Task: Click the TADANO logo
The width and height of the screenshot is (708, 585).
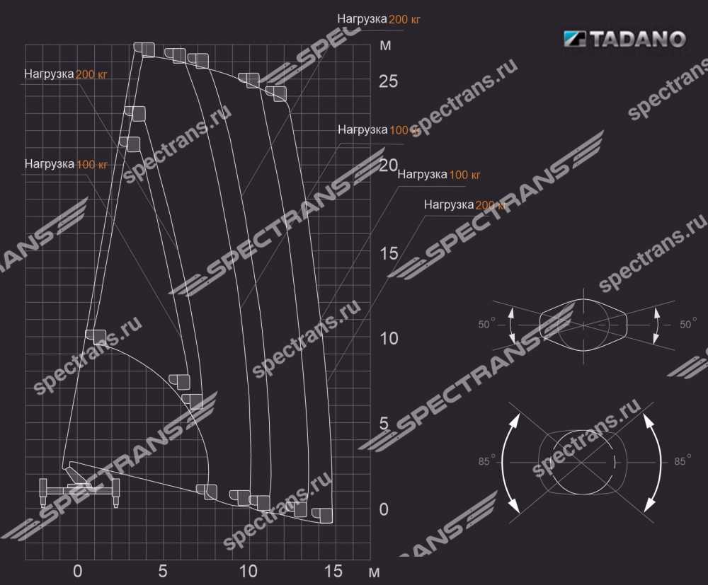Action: click(624, 40)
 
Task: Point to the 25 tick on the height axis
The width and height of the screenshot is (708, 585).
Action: click(388, 81)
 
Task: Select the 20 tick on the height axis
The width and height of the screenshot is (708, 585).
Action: click(388, 166)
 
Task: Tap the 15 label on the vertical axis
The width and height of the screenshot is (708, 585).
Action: click(388, 253)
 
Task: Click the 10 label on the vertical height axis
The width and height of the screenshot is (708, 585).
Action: click(388, 338)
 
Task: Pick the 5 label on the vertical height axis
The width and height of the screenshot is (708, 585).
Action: click(384, 424)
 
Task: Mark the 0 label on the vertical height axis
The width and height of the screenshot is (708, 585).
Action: click(384, 509)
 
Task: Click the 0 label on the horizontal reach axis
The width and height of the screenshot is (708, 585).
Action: click(78, 571)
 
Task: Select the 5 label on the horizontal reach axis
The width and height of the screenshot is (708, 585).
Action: click(163, 571)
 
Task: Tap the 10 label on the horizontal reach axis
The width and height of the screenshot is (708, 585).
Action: click(248, 571)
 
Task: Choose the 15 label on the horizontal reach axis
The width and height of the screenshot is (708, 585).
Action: click(333, 571)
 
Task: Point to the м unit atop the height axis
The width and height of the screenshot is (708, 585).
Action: click(385, 47)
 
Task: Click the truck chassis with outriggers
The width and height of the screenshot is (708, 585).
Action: click(79, 489)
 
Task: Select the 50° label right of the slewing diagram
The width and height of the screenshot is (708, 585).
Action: click(687, 325)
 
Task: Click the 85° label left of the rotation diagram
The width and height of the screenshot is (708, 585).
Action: click(487, 461)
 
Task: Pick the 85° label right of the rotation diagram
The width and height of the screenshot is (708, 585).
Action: click(683, 461)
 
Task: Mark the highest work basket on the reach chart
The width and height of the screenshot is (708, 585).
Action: click(144, 49)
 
